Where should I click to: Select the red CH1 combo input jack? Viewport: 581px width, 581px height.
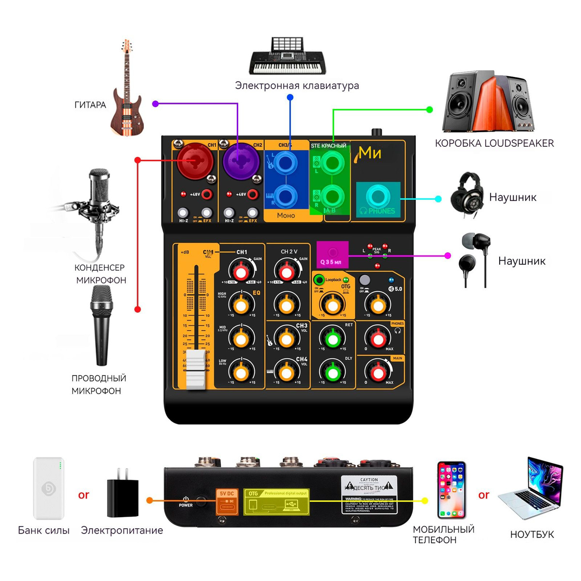pyautogui.click(x=195, y=161)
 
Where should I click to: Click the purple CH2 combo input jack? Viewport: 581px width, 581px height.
pyautogui.click(x=241, y=161)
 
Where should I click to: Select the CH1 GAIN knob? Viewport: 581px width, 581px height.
pyautogui.click(x=241, y=272)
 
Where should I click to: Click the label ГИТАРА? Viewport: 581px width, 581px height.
pyautogui.click(x=90, y=105)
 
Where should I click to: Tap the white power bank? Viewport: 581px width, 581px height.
pyautogui.click(x=48, y=488)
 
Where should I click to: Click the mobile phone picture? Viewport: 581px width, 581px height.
pyautogui.click(x=451, y=490)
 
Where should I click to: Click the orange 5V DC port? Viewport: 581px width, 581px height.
pyautogui.click(x=227, y=502)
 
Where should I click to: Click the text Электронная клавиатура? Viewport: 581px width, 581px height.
pyautogui.click(x=297, y=86)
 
